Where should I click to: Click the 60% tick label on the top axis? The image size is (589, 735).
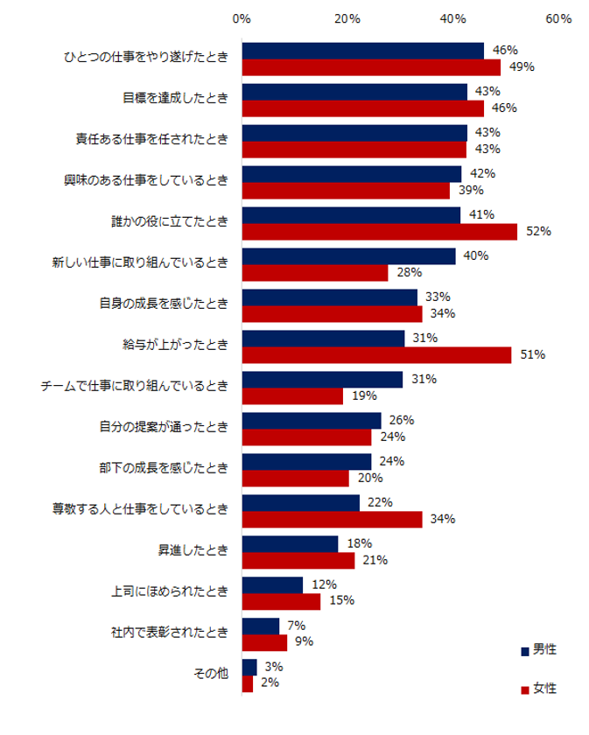coord(559,18)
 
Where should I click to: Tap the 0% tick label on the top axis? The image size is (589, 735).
coord(242,18)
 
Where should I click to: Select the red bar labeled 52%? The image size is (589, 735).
coord(380,231)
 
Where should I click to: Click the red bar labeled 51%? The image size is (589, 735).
coord(377,354)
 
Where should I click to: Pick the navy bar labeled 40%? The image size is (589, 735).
coord(348,256)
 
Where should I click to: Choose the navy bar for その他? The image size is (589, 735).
coord(249,667)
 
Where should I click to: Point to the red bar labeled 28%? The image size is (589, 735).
coord(315,273)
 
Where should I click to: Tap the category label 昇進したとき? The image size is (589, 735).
coord(193,551)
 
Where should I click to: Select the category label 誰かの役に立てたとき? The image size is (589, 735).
coord(175,222)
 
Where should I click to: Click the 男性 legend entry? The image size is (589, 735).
coord(537,650)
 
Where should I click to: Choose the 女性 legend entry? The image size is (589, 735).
coord(537,689)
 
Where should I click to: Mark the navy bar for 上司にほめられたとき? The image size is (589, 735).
coord(272,584)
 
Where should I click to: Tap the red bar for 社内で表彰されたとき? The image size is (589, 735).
coord(264,642)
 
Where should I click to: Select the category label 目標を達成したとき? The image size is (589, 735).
coord(175,99)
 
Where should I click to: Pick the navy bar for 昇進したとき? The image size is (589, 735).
coord(290,543)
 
